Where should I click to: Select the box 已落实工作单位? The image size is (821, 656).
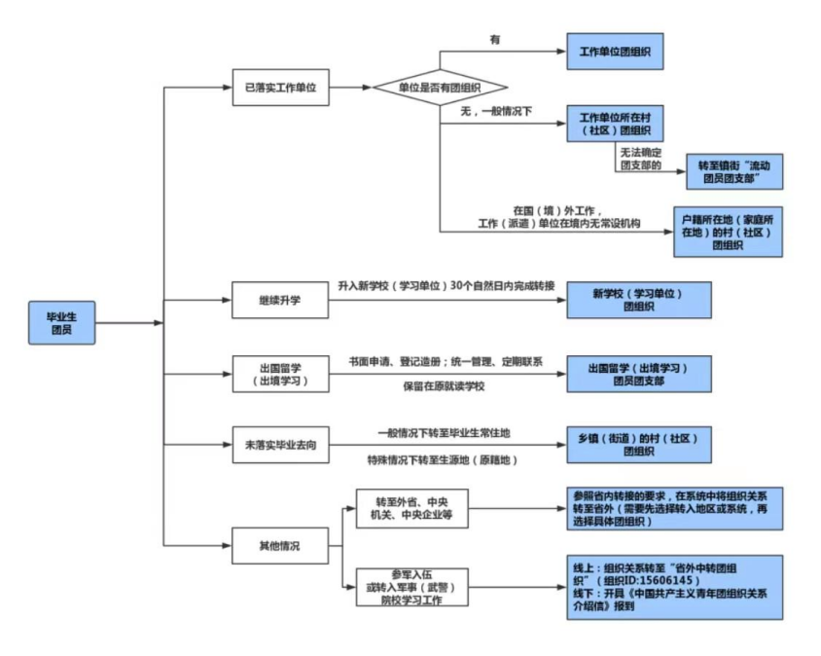(x=280, y=87)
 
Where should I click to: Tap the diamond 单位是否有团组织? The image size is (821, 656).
(x=441, y=88)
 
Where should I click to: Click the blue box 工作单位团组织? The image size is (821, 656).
(x=615, y=51)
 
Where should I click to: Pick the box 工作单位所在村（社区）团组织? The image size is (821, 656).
(x=615, y=124)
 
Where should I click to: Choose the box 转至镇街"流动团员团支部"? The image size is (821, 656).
(x=734, y=170)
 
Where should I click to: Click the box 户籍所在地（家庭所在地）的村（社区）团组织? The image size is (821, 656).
(x=728, y=231)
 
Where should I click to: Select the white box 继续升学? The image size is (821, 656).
(x=280, y=300)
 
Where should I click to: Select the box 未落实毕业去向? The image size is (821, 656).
(x=280, y=444)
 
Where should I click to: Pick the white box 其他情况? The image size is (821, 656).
(x=280, y=546)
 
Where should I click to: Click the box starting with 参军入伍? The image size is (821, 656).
(x=410, y=587)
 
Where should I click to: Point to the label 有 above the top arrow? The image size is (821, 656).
(x=495, y=40)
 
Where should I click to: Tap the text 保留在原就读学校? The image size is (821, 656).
(x=444, y=386)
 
